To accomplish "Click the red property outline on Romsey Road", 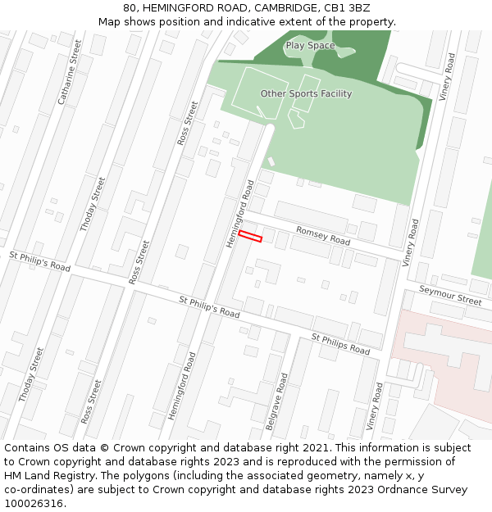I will [250, 237].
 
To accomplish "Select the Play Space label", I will [310, 46].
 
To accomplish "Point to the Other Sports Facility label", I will [306, 93].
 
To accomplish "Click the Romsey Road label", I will [323, 237].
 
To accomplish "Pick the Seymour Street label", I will [450, 295].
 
